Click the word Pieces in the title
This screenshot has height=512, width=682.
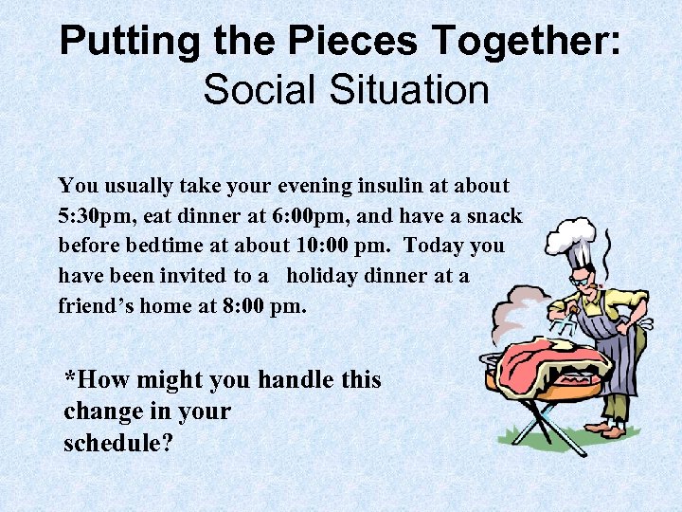point(352,42)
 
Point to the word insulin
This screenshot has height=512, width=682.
point(401,186)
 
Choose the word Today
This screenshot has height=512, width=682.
point(434,245)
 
